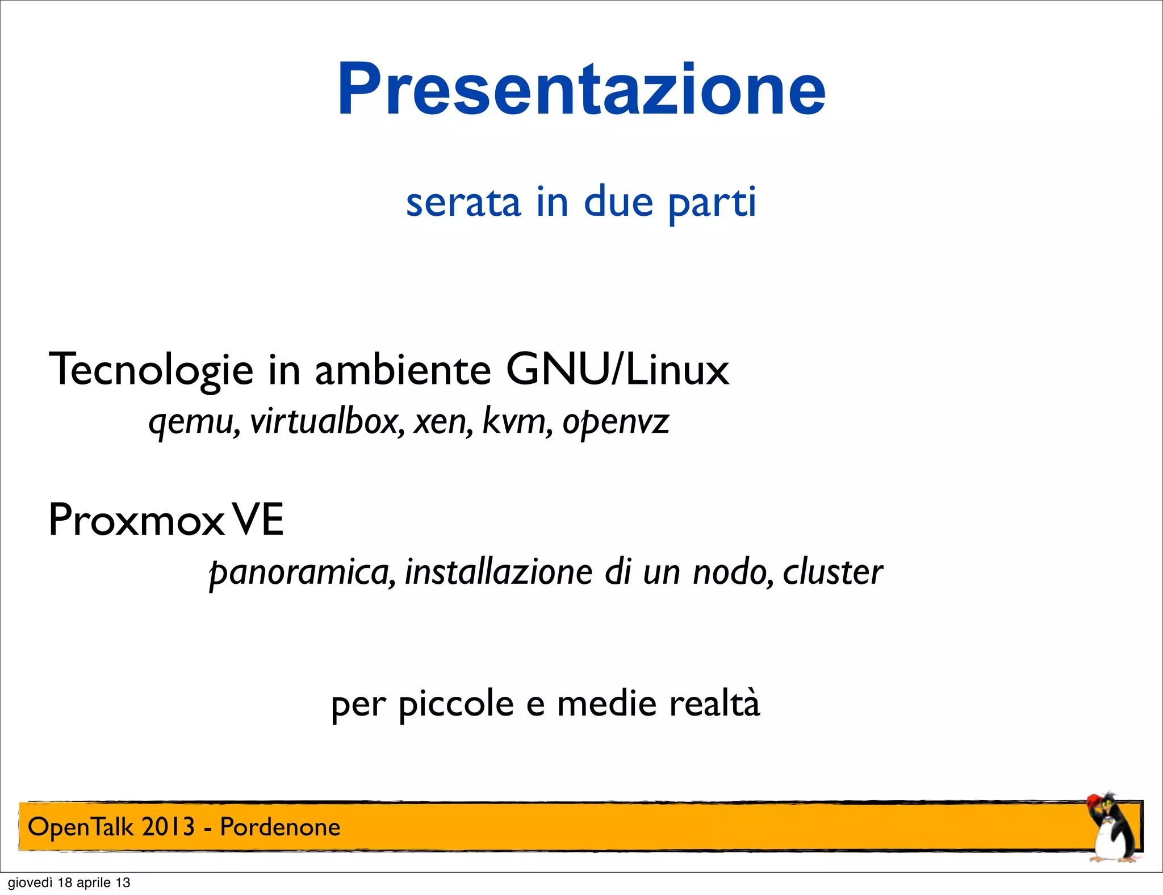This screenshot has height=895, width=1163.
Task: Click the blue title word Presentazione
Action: (x=581, y=89)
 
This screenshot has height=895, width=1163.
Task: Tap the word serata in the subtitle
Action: (x=463, y=202)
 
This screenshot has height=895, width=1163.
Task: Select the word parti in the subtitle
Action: (x=712, y=202)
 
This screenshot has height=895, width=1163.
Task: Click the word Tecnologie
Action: (x=151, y=370)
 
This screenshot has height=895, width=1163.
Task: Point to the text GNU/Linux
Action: (x=617, y=370)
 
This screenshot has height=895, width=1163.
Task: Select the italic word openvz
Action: (x=616, y=423)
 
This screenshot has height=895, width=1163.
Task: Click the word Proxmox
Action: (x=136, y=520)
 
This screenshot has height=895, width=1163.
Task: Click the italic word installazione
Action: (x=499, y=571)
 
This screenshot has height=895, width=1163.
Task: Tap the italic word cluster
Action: (x=832, y=572)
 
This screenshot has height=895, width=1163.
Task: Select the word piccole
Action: (x=456, y=704)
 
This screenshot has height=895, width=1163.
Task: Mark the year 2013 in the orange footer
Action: (x=168, y=827)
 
